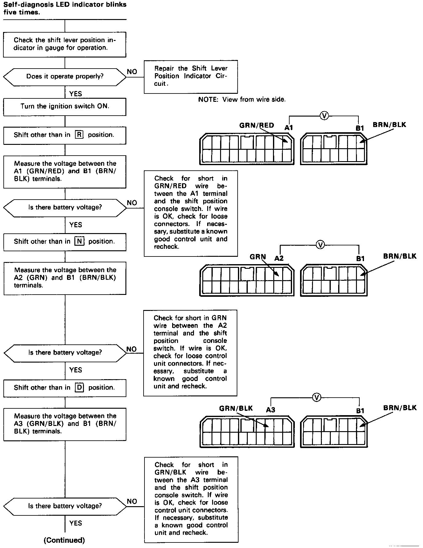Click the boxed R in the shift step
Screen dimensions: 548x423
pos(79,135)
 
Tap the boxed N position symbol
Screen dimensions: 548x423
pos(79,241)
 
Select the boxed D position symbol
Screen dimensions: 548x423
pos(79,387)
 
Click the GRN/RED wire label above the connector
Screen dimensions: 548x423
pos(256,125)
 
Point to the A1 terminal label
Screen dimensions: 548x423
pos(289,128)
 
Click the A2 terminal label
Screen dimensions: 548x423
pos(279,258)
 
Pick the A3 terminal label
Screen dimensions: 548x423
pos(271,410)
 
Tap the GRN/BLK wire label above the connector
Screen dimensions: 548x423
pos(236,408)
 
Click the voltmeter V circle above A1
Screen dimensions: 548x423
pos(324,116)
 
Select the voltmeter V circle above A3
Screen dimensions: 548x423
pos(316,398)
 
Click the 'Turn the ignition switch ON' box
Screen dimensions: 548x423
pos(65,107)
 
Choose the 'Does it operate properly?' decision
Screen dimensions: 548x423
pos(65,77)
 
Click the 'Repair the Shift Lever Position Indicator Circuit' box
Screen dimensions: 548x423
pos(191,77)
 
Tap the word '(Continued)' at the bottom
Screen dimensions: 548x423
pos(64,540)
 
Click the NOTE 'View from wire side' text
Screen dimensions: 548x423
pos(242,99)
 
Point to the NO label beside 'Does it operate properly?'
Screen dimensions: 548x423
pos(132,72)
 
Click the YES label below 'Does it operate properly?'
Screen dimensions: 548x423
pos(76,93)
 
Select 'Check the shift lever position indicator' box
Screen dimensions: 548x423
pos(65,44)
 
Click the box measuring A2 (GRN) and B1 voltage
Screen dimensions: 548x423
pos(65,278)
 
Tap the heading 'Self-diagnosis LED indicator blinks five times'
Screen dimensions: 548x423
pos(65,8)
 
